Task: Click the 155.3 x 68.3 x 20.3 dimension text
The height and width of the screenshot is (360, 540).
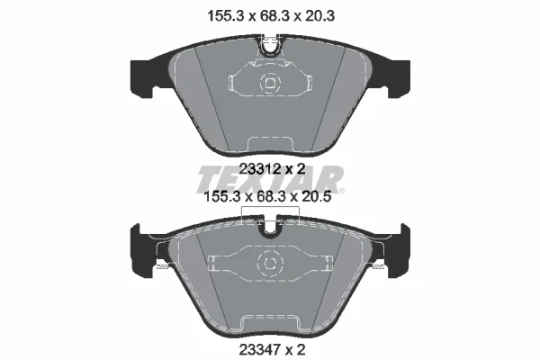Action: coord(271,16)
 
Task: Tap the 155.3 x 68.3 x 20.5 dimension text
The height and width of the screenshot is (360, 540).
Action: coord(267,197)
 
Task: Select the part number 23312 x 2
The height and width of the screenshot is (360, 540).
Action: coord(272,169)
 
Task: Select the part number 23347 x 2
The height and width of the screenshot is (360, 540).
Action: coord(272,350)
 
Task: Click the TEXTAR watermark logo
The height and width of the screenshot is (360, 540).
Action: coord(270,179)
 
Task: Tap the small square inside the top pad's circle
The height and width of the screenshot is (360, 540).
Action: coord(270,84)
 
